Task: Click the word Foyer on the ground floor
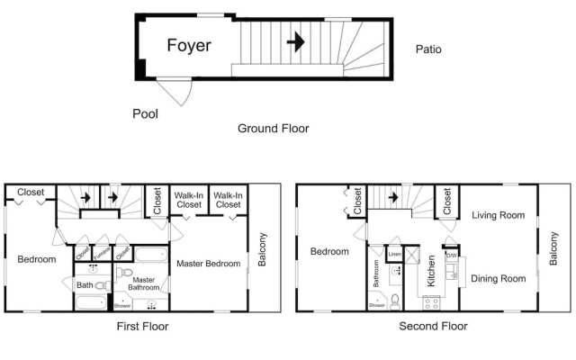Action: point(189,45)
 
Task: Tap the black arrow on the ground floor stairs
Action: point(294,41)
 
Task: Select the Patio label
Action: point(427,49)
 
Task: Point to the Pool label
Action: point(145,113)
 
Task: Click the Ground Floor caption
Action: point(273,129)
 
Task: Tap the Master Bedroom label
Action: point(208,264)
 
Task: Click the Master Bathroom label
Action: point(144,284)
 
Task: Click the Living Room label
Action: point(498,215)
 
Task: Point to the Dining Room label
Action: point(498,279)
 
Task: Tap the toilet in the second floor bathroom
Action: point(394,299)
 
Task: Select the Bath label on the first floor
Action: point(84,285)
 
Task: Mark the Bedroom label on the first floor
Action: point(36,259)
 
